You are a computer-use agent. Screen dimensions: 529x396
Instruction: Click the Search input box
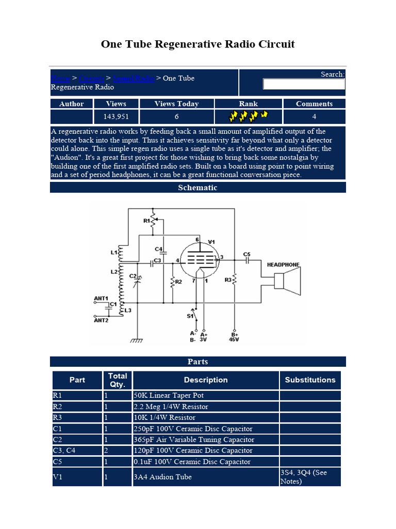(304, 84)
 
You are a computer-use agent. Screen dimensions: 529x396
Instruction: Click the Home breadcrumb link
(60, 79)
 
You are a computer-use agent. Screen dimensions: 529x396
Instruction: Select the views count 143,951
(116, 117)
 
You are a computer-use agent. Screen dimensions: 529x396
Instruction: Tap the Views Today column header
(176, 104)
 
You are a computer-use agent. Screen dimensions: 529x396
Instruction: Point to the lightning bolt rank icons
(248, 116)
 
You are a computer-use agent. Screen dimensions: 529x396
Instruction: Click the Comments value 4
(314, 117)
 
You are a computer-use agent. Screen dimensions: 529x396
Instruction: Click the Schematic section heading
(197, 188)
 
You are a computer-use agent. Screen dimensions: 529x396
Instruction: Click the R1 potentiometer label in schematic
(146, 221)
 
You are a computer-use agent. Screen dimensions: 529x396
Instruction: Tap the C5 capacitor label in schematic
(246, 254)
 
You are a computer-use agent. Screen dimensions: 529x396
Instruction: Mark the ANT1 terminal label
(101, 299)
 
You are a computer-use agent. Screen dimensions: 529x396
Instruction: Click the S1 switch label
(190, 315)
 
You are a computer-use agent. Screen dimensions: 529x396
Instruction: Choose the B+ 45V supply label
(235, 337)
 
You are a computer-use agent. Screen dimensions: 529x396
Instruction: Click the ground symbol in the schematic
(137, 341)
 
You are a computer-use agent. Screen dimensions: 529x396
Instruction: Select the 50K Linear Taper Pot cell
(169, 396)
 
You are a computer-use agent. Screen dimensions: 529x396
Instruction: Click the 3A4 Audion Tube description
(162, 477)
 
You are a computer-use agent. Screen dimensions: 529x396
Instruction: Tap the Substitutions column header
(310, 380)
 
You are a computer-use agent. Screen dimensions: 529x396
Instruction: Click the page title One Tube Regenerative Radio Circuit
(197, 44)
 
